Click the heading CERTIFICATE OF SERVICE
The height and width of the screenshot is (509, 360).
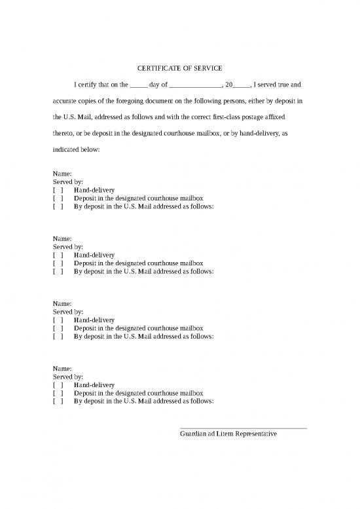[x=179, y=69]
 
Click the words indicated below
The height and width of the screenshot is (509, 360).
[x=76, y=151]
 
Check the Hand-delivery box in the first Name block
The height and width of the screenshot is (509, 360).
[x=58, y=190]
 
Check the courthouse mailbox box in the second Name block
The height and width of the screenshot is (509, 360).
[x=58, y=263]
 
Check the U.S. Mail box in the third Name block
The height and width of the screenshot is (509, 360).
[x=58, y=336]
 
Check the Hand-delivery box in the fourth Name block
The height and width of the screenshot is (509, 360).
[x=58, y=385]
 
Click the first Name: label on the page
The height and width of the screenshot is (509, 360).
[x=62, y=174]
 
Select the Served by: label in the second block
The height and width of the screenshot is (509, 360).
[x=67, y=247]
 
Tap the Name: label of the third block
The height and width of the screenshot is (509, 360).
[x=62, y=304]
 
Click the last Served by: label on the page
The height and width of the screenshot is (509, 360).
[x=67, y=377]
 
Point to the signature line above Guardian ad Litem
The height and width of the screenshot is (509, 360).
[x=243, y=428]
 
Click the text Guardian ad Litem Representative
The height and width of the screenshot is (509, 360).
[x=228, y=434]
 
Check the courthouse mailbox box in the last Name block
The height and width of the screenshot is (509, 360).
[x=58, y=393]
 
